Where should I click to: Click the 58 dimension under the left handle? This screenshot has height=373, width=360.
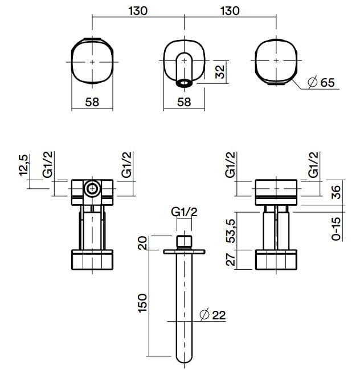point(92,102)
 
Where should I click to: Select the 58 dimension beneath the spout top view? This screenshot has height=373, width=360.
point(183,102)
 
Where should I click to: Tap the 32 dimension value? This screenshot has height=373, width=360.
point(220,72)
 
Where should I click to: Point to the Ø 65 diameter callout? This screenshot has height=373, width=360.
point(321,83)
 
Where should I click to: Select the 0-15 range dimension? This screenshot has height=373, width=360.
point(336,227)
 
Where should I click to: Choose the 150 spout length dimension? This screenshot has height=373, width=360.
point(143,302)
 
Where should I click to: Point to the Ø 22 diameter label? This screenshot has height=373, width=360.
point(214,314)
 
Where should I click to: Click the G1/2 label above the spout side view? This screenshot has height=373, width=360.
point(184,212)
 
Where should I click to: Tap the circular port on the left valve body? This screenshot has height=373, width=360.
point(91,189)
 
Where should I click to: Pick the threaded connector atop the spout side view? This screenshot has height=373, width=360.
point(184,241)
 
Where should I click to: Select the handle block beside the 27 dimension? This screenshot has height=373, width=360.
point(276,260)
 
